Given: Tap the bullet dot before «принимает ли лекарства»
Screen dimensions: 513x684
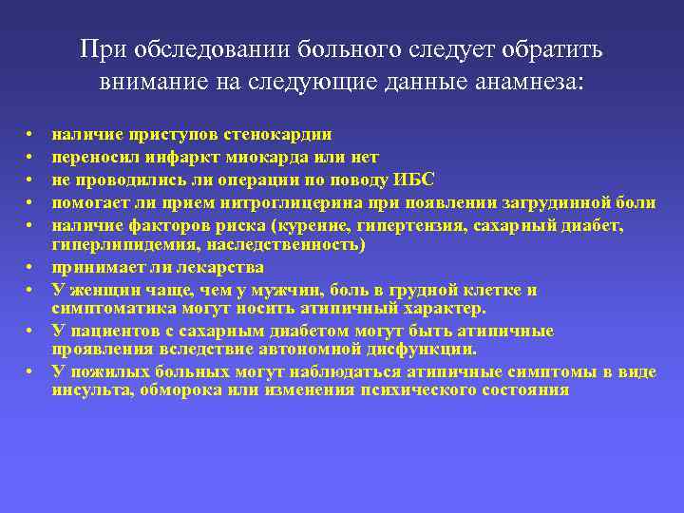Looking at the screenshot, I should click(x=30, y=267).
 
